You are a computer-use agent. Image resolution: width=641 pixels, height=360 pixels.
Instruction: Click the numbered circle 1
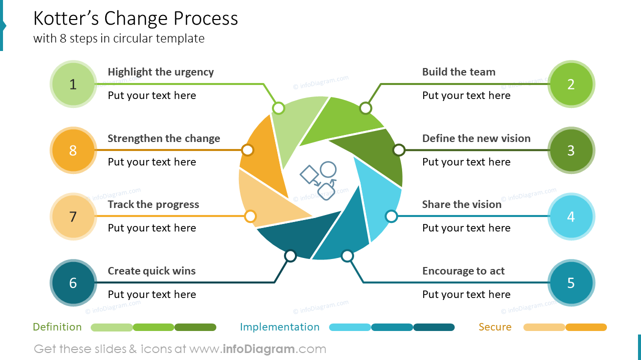[73, 84]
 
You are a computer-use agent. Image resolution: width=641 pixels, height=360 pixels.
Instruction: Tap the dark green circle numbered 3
[571, 150]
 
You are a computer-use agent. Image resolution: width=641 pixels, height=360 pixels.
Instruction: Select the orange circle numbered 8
[73, 150]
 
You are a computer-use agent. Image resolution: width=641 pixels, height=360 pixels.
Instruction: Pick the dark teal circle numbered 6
[73, 282]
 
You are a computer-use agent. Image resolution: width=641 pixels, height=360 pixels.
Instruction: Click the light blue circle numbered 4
[571, 216]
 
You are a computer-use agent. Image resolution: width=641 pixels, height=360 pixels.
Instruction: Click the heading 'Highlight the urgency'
[161, 72]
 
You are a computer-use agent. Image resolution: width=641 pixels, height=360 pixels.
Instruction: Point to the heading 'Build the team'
[459, 72]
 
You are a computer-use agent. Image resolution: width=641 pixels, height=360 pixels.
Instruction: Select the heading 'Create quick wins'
[152, 271]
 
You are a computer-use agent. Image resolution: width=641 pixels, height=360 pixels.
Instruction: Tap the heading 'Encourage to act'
[463, 271]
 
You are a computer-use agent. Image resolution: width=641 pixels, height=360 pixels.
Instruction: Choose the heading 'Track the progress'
[153, 204]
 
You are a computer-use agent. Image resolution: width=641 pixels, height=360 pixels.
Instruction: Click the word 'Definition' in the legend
[57, 327]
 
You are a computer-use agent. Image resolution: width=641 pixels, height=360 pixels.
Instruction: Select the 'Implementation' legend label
[279, 327]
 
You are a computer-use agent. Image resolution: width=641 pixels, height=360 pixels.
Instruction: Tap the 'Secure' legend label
[495, 327]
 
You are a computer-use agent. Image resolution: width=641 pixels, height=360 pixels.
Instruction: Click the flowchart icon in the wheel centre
[318, 180]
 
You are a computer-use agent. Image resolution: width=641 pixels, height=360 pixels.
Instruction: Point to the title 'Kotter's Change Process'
[136, 18]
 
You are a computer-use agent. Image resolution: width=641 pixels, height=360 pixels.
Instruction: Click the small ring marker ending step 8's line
[247, 150]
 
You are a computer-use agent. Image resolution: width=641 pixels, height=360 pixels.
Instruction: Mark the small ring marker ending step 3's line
[399, 150]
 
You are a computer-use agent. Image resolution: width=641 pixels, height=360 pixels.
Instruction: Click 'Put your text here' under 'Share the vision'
[466, 228]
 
